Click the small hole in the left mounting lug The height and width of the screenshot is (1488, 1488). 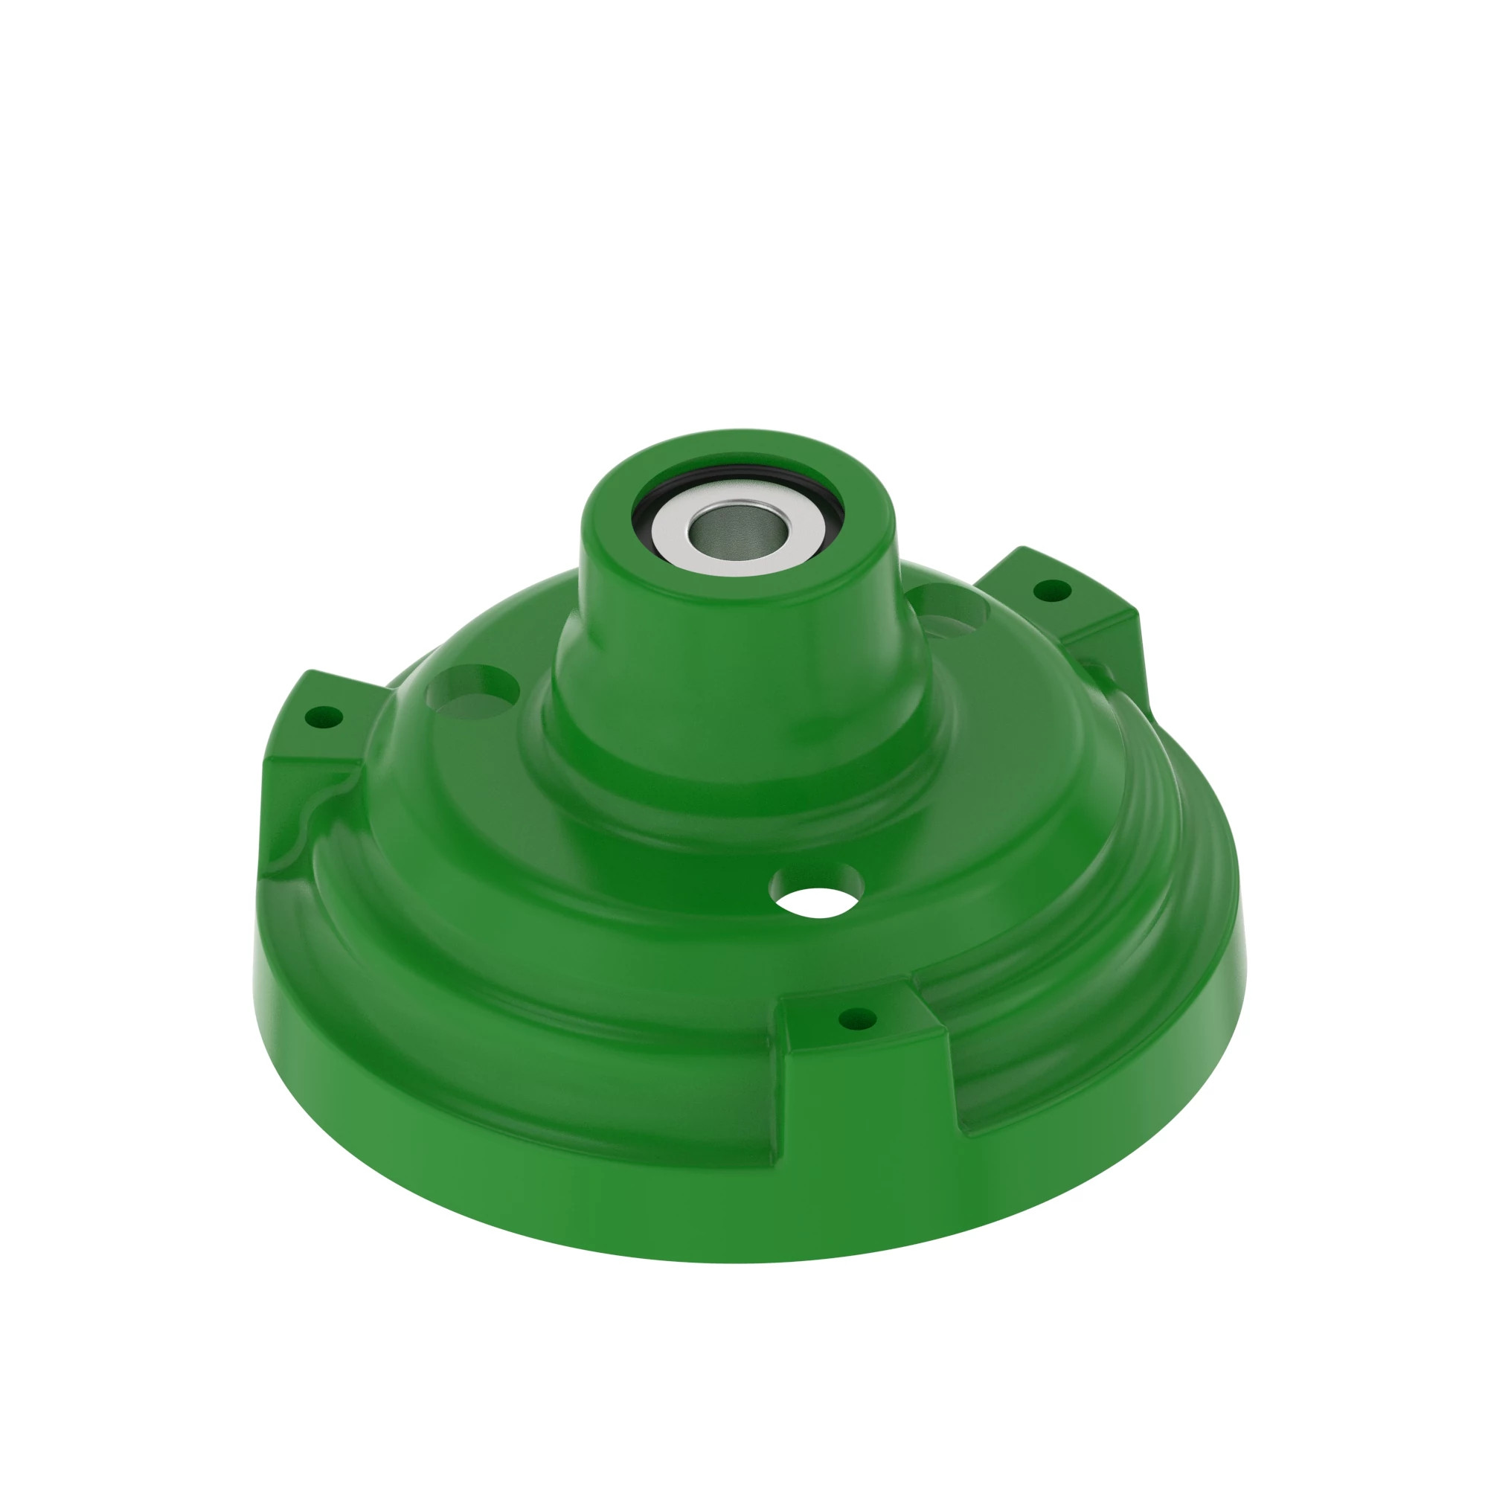pyautogui.click(x=324, y=718)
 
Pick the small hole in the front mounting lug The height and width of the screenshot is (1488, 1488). pyautogui.click(x=856, y=1019)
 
